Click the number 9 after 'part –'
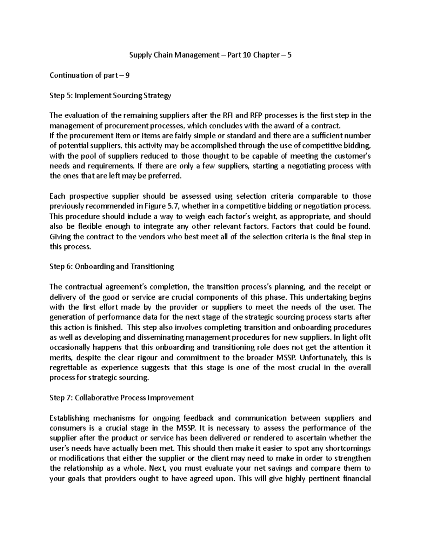127,75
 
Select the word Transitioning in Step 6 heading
152,266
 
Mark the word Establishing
70,418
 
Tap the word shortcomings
348,448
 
